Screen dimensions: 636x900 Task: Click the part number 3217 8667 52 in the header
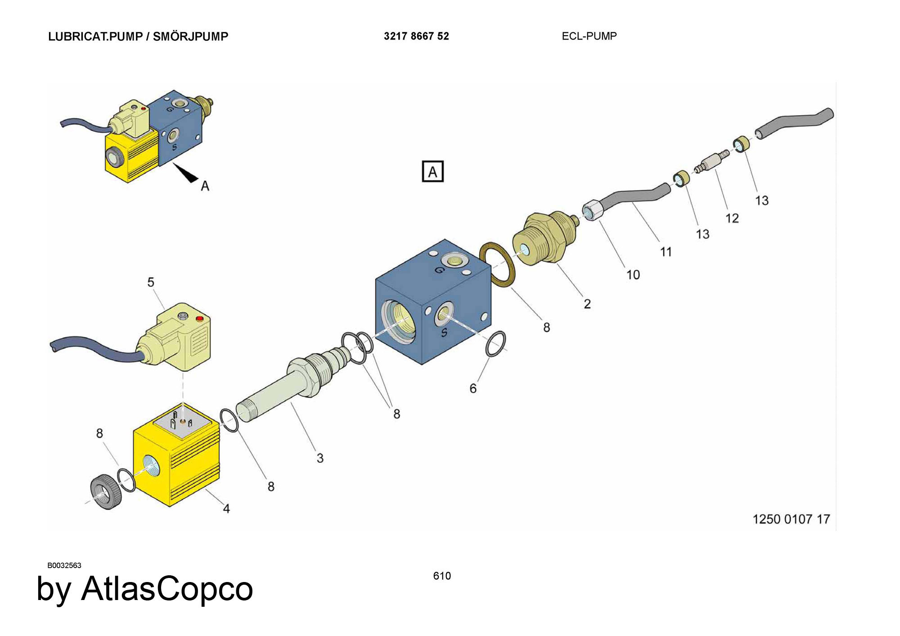point(416,36)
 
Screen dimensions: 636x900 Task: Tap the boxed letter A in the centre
point(432,171)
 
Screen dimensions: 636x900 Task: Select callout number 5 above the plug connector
point(151,282)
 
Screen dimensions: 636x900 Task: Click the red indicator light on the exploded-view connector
point(200,319)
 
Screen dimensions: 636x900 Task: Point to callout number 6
point(473,388)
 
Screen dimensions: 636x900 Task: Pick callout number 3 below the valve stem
point(320,458)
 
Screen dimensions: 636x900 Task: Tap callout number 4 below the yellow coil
point(226,508)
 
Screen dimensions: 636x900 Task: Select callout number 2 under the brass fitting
point(587,304)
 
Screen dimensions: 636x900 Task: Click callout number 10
point(633,274)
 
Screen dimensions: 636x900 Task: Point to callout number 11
point(666,251)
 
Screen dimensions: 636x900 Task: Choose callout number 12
point(732,218)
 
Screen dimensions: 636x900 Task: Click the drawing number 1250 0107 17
point(791,519)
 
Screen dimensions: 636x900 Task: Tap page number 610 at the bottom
point(442,576)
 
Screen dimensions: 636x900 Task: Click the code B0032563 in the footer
point(64,565)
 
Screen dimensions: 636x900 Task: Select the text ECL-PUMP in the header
point(589,36)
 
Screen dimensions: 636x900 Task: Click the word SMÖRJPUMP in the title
point(190,36)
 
